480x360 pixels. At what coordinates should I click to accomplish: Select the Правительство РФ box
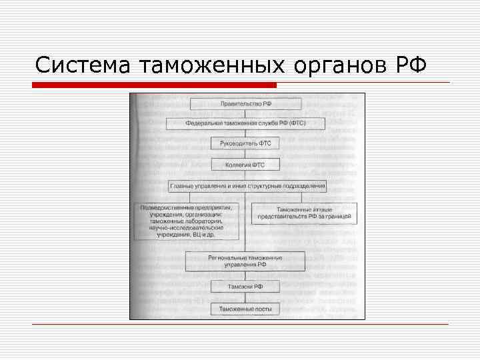point(246,104)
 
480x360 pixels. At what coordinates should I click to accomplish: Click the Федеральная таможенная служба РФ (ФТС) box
point(246,124)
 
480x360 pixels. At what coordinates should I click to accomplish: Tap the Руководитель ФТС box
point(246,143)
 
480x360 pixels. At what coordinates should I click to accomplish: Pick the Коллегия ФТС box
point(246,164)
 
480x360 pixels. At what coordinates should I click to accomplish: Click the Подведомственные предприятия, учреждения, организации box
point(187,221)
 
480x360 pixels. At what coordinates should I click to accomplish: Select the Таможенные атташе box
point(304,213)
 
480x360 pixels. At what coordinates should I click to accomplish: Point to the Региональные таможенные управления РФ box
point(245,261)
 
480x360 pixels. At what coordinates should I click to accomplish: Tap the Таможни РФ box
point(246,287)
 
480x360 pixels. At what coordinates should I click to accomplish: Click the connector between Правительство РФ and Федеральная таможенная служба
point(246,114)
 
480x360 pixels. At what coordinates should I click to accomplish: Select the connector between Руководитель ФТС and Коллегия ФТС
point(246,154)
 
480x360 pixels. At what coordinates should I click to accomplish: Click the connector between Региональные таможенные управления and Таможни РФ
point(246,275)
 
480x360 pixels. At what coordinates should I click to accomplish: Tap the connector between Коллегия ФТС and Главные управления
point(246,175)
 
